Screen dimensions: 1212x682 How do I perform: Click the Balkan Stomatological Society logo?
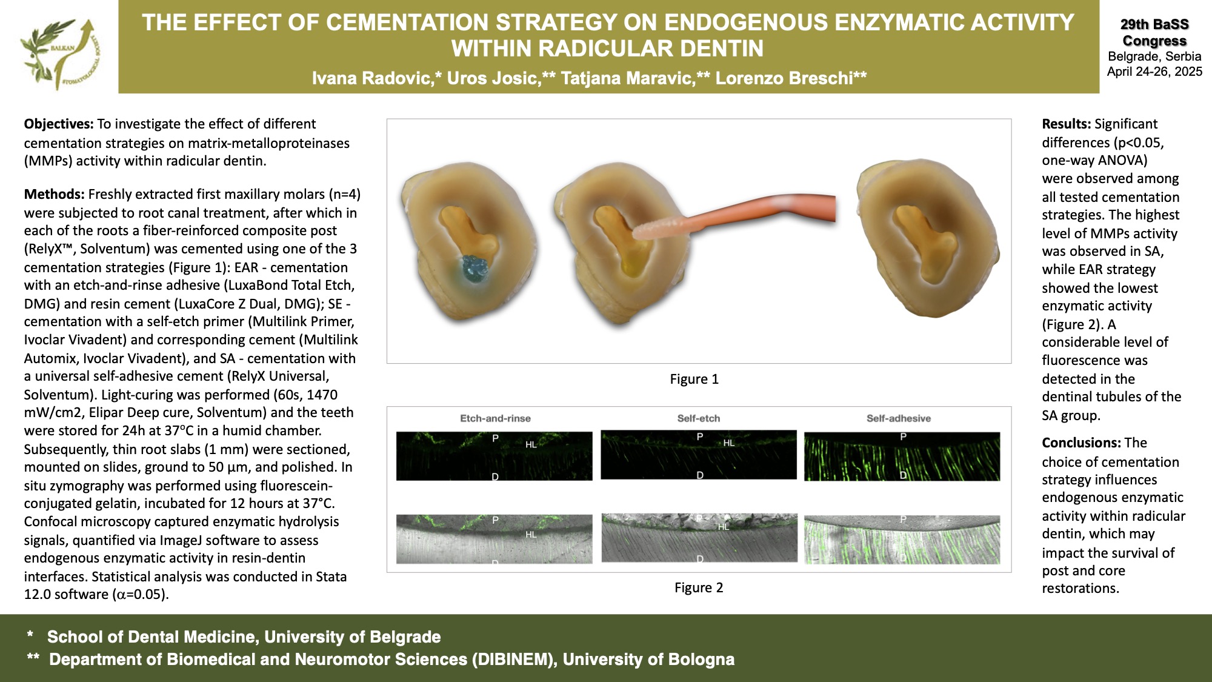click(61, 53)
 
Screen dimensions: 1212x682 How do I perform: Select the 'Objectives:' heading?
click(59, 124)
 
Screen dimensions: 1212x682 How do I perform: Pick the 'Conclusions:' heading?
click(1082, 443)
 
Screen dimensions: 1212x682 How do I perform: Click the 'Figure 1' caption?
click(694, 379)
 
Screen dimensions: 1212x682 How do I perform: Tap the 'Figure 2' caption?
click(699, 588)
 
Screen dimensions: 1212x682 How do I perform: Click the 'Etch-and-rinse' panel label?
click(495, 418)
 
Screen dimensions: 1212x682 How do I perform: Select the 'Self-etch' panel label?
click(699, 418)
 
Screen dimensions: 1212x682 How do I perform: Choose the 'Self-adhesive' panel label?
click(899, 418)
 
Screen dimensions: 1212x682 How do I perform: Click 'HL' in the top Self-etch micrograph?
click(729, 443)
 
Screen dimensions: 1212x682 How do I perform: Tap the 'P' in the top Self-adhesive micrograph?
click(903, 436)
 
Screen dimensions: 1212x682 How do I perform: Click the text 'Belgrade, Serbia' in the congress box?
click(1154, 56)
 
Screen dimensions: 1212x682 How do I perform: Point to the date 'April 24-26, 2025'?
click(1154, 72)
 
